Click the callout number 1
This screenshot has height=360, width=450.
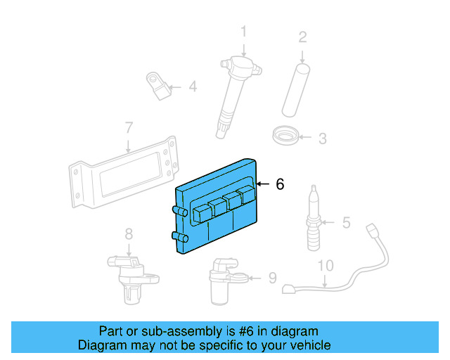[244, 32]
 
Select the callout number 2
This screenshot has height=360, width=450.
[302, 37]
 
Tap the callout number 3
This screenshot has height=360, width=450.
[321, 139]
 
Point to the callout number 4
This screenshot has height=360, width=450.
[192, 87]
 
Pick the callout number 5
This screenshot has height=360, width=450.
[346, 223]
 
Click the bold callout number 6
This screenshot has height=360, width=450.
[280, 184]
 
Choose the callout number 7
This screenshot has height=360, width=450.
[129, 128]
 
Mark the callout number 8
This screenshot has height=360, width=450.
[129, 234]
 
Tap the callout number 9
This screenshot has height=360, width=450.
[272, 278]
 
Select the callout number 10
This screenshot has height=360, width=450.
[324, 266]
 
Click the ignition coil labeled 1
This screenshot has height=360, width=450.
[236, 91]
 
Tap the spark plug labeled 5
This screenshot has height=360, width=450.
[313, 218]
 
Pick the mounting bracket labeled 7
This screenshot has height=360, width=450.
[123, 176]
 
